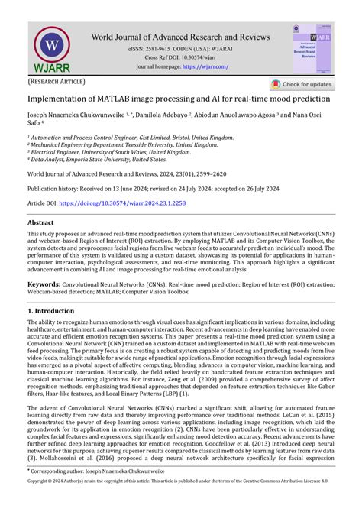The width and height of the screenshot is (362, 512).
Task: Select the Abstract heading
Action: (x=41, y=222)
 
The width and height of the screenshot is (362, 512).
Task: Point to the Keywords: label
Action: (x=44, y=284)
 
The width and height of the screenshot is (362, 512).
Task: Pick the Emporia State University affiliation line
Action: (x=98, y=160)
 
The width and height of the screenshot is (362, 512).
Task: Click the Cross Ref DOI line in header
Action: (x=180, y=57)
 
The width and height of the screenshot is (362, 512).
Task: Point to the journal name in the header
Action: (x=180, y=36)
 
